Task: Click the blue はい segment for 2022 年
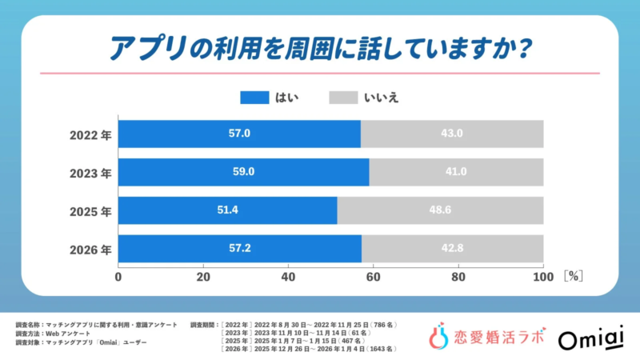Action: (x=239, y=134)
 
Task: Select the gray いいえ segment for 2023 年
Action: (x=456, y=172)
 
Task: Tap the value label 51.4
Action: (x=228, y=210)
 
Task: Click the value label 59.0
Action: (x=243, y=172)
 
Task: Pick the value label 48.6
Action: (x=440, y=210)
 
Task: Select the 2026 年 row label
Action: (x=89, y=249)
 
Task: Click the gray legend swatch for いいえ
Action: (x=342, y=98)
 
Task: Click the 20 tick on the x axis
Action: (x=203, y=277)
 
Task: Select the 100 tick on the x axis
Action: (x=543, y=277)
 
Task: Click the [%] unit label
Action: (x=573, y=277)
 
